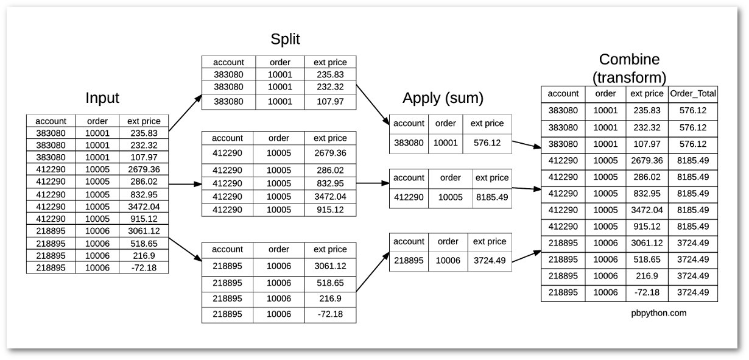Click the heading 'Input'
[x=102, y=98]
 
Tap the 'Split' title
[x=285, y=40]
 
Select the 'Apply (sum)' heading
[x=443, y=98]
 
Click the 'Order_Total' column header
[x=693, y=93]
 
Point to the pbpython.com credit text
[x=659, y=313]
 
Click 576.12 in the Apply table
[x=487, y=143]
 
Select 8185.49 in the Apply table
[x=492, y=197]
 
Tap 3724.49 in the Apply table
[x=490, y=260]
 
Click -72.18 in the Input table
[x=144, y=267]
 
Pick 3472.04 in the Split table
[x=330, y=196]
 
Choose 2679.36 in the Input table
[x=144, y=169]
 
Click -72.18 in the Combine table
[x=647, y=292]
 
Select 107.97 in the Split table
[x=330, y=101]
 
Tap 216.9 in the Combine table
[x=647, y=276]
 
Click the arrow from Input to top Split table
[x=185, y=113]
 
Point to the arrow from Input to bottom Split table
[x=185, y=250]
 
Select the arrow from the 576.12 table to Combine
[x=527, y=144]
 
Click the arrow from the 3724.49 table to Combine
[x=527, y=256]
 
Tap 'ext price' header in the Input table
[x=144, y=121]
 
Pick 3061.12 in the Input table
[x=144, y=231]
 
